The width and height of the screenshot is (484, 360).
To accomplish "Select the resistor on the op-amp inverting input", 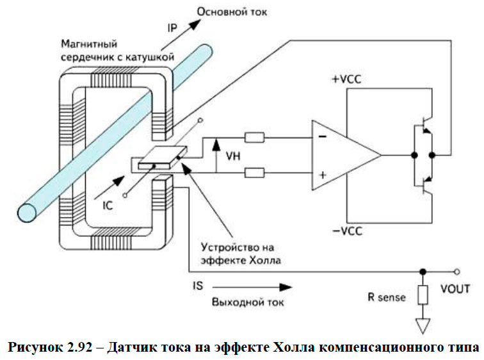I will click(254, 137).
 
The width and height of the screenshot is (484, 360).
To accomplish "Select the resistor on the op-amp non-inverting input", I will click(254, 172).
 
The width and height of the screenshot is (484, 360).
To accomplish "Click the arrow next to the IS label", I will click(253, 286).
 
